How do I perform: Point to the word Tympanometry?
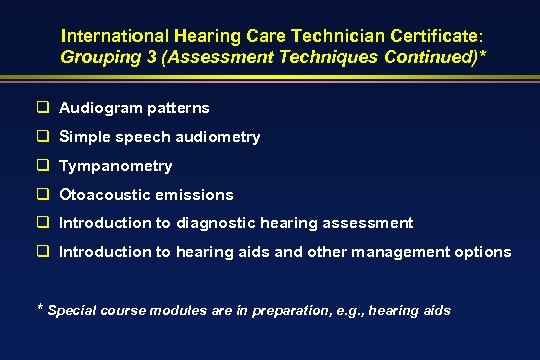[x=116, y=166]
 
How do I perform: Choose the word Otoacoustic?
[x=105, y=195]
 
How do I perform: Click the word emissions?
[x=195, y=195]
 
